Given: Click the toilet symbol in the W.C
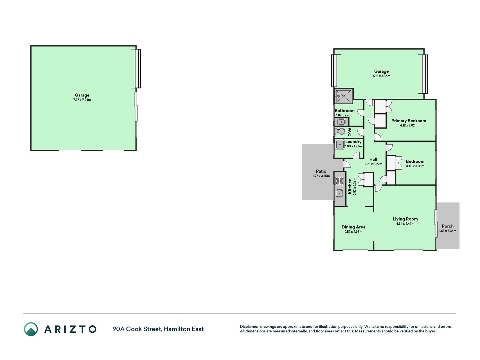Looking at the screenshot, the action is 340,131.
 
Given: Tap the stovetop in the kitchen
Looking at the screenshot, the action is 340,181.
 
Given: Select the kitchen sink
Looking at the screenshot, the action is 340,193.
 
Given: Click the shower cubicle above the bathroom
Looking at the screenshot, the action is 343,96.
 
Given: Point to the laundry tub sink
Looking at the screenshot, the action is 340,145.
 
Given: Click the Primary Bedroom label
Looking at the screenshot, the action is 409,121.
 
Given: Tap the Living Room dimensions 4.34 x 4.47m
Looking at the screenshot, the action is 405,224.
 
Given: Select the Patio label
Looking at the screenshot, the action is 321,171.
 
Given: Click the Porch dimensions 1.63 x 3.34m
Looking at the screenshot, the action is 447,231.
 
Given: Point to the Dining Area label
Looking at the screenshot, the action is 353,227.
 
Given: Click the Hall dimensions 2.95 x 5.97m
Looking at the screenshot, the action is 373,164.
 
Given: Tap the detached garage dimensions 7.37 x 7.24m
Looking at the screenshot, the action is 82,100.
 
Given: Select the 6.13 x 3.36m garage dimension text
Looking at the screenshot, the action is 381,76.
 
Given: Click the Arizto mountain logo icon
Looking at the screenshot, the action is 31,329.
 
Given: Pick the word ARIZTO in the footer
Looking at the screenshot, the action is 70,329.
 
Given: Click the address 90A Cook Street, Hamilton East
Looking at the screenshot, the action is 158,329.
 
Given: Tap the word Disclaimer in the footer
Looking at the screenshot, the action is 249,327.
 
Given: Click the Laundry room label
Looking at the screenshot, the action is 353,141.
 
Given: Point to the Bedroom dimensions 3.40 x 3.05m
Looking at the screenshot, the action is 415,166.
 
